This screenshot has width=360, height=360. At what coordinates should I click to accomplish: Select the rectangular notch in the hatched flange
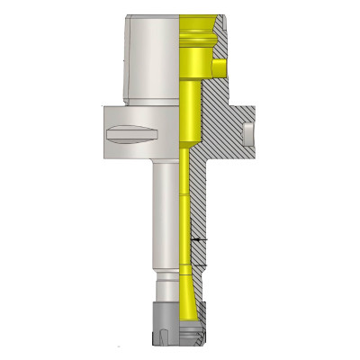247,135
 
